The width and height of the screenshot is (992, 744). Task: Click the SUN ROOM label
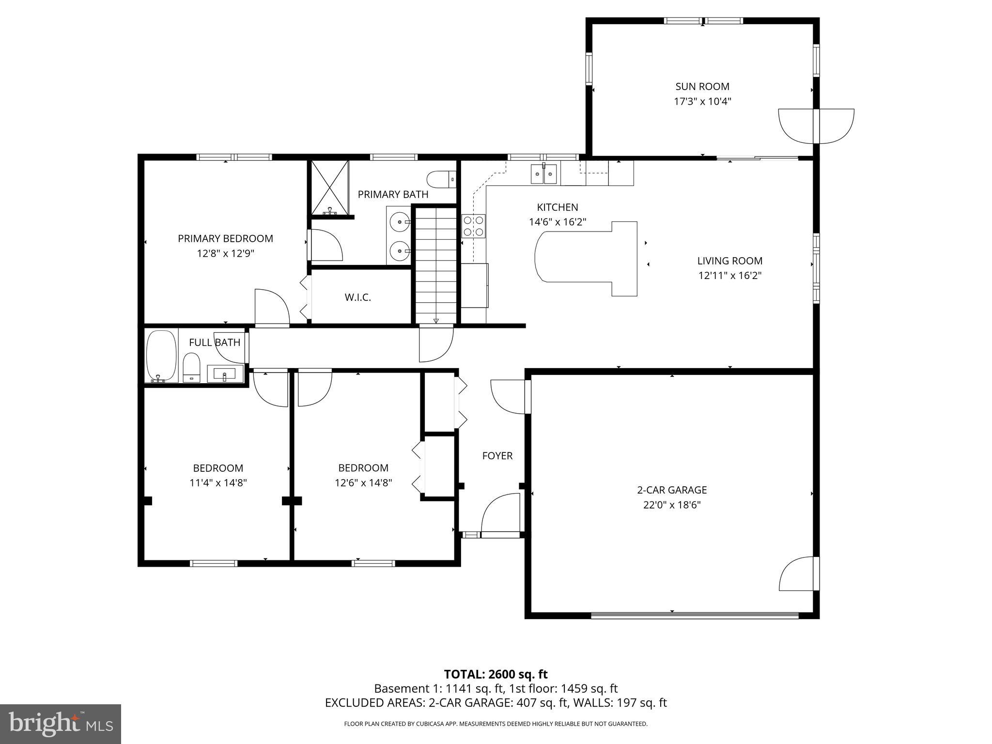(702, 87)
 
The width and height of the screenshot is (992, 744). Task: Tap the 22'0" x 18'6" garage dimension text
(671, 505)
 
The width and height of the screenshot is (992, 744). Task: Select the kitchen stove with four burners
(473, 226)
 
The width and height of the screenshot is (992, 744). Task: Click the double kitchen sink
(544, 174)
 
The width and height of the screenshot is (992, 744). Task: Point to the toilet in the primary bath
(441, 179)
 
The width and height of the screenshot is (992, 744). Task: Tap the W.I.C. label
(358, 297)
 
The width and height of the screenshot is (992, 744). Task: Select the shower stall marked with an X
(329, 187)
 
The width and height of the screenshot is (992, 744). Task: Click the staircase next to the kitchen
(436, 264)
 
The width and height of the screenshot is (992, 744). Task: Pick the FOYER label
(497, 456)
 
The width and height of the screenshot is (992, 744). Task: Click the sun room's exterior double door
(816, 126)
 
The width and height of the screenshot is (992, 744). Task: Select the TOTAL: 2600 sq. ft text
(496, 674)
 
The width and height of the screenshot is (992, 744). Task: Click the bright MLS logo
(60, 724)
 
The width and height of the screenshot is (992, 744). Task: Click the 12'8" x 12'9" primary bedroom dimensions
(225, 253)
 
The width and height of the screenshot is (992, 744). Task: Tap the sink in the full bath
(225, 373)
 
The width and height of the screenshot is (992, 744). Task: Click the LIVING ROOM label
(729, 261)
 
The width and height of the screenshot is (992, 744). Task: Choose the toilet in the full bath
(192, 368)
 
